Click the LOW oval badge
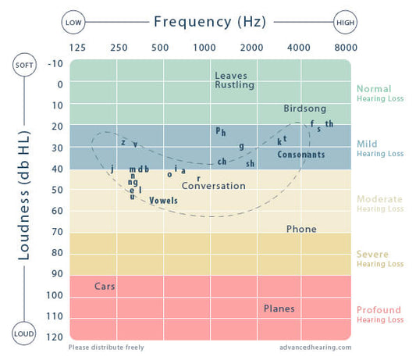pos(73,22)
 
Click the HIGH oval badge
pos(346,22)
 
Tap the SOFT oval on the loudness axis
pos(24,64)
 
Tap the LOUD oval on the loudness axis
pos(24,334)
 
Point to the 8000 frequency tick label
pos(346,48)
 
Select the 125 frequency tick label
pos(78,48)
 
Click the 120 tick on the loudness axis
pos(55,337)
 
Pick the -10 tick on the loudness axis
pos(55,64)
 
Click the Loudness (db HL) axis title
pos(24,198)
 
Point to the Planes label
pos(279,308)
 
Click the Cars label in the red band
pos(105,287)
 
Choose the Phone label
pos(301,229)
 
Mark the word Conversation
pos(213,186)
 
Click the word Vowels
pos(163,201)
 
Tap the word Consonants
pos(300,155)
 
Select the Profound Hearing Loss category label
pos(380,314)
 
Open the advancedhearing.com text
pos(315,348)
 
